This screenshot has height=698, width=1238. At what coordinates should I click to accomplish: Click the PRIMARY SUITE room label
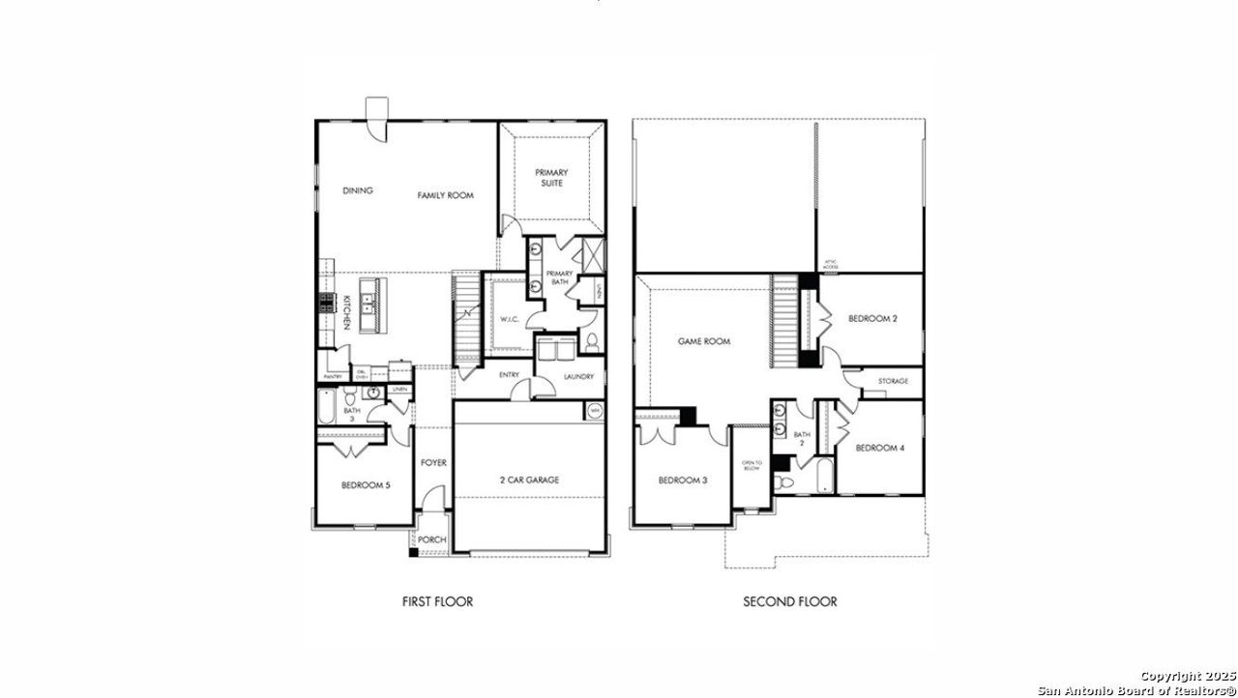[551, 178]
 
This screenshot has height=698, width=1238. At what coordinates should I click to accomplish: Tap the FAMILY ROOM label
[445, 195]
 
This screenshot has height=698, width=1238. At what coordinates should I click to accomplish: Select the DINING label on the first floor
[358, 190]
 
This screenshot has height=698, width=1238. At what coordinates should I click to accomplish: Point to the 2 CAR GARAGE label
[529, 480]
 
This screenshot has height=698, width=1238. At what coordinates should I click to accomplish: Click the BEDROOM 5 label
[366, 484]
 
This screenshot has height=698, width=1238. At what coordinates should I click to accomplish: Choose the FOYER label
[433, 463]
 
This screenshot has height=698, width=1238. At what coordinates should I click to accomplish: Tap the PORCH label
[431, 539]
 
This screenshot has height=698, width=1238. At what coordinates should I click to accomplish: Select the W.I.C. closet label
[510, 319]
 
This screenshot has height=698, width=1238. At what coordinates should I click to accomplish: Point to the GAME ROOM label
[703, 341]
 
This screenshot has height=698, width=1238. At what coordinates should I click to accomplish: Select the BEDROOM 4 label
[880, 448]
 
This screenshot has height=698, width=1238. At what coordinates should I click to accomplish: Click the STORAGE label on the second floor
[893, 381]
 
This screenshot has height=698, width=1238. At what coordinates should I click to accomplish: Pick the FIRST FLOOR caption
[437, 601]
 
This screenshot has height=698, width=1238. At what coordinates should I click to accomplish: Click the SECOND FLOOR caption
[789, 601]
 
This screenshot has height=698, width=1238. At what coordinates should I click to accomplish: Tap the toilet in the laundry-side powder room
[592, 341]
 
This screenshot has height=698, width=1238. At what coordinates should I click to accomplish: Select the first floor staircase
[466, 314]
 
